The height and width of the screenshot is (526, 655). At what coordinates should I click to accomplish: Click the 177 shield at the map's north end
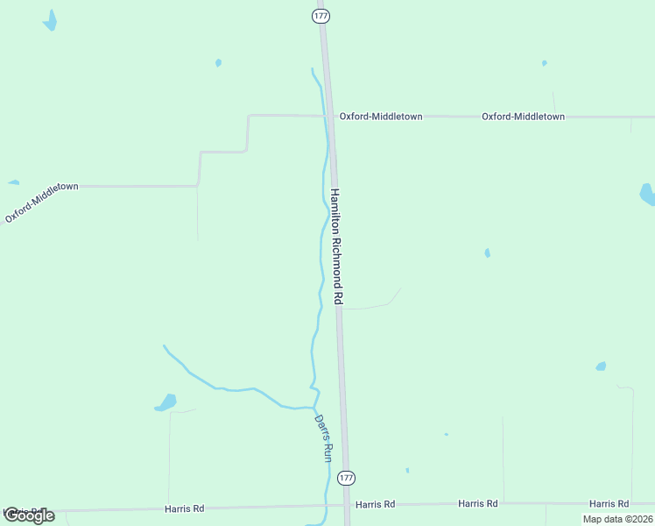(x=321, y=16)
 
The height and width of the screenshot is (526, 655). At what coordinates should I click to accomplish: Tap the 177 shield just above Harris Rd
(x=347, y=478)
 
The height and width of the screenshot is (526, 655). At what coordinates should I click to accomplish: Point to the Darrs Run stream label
(x=323, y=438)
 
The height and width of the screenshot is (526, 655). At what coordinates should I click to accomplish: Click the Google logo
(x=29, y=515)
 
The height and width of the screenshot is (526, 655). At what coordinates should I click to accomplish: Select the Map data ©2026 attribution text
(x=617, y=519)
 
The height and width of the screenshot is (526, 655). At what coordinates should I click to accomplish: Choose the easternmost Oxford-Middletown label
(x=523, y=116)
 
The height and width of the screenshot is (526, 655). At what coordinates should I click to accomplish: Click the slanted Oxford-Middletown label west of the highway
(x=42, y=202)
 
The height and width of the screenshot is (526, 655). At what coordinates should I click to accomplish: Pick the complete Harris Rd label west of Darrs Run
(x=184, y=508)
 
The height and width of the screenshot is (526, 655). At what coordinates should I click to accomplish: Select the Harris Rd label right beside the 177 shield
(x=375, y=504)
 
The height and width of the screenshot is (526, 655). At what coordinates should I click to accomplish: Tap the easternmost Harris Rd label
(x=609, y=503)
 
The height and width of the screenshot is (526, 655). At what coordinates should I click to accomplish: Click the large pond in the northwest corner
(x=51, y=21)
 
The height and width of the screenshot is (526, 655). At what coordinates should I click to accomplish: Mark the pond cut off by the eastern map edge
(x=647, y=194)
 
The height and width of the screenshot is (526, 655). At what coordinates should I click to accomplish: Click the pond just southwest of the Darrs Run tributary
(x=166, y=403)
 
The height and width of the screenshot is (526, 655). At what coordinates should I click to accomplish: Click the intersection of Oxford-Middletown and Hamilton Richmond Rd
(x=330, y=116)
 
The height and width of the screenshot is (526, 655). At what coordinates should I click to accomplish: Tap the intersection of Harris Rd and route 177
(x=349, y=505)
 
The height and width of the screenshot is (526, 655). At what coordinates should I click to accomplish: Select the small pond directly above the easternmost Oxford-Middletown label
(x=544, y=63)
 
